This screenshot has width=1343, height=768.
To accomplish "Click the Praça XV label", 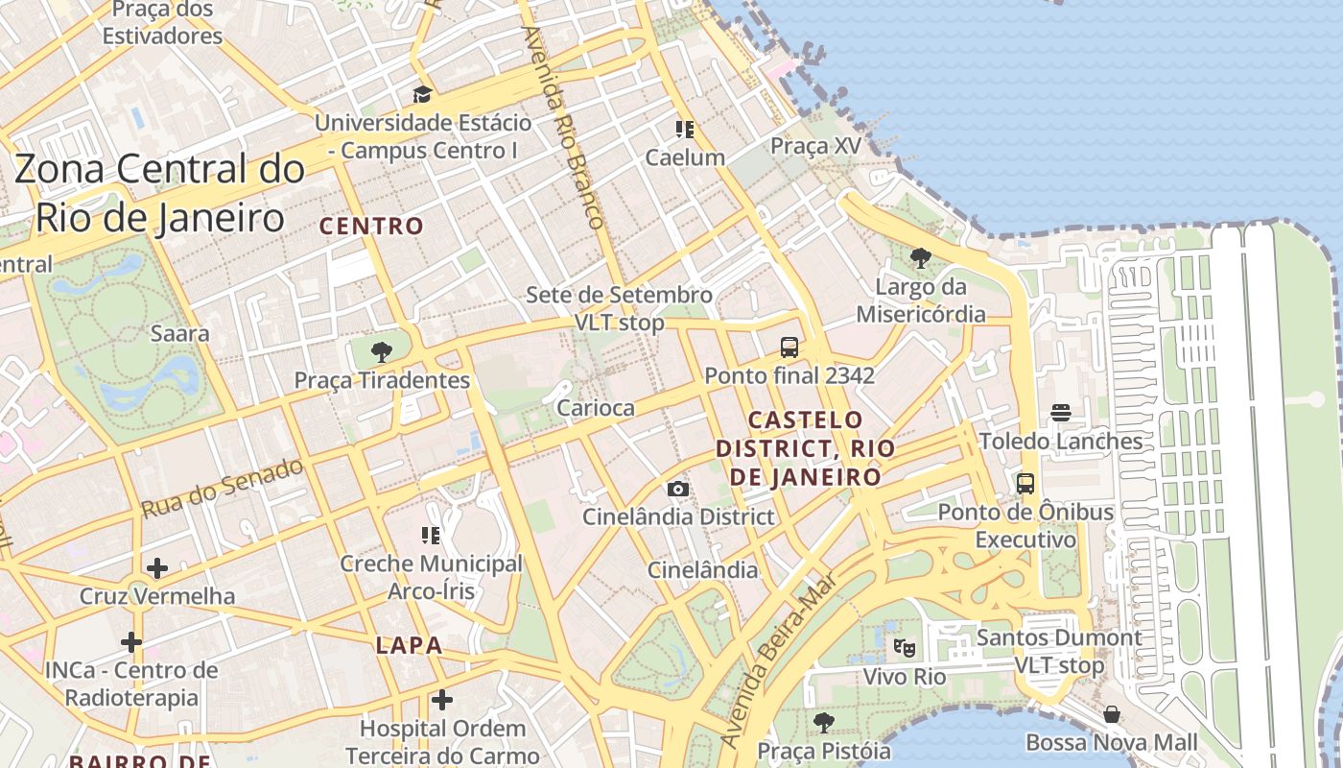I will tap(816, 146).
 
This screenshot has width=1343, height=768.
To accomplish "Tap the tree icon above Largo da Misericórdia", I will tap(921, 257).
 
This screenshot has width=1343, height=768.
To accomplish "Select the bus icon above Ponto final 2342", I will tap(789, 347).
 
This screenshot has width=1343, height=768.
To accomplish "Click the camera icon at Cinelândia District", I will tap(678, 489).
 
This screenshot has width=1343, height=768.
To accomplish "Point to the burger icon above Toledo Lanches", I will tap(1061, 413).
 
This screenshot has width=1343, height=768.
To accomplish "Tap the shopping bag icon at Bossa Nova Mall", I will tap(1112, 714).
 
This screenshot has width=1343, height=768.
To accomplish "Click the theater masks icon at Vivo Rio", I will tap(904, 648).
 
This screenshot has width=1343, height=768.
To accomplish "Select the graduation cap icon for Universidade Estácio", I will tap(422, 94).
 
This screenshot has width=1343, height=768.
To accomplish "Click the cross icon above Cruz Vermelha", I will tap(157, 568).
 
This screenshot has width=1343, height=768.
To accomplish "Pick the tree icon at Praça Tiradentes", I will tap(382, 351).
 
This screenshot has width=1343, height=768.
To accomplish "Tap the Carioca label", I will tap(596, 408).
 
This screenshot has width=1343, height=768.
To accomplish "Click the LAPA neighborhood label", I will tap(410, 645).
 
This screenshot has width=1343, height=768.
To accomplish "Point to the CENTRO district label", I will tap(371, 227).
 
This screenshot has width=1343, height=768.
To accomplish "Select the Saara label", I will tap(180, 334).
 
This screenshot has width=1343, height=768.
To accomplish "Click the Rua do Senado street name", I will tap(224, 488).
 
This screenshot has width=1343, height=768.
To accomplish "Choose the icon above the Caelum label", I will tap(685, 129).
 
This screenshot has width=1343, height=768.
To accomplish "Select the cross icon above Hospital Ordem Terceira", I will tap(442, 701).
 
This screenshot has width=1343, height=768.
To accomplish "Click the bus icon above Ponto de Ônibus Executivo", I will tap(1025, 483).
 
